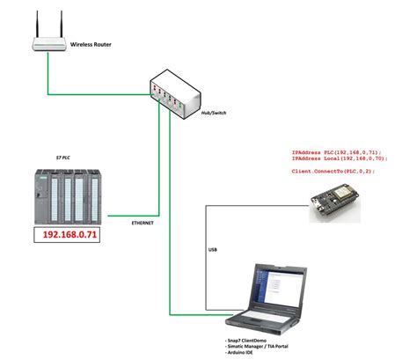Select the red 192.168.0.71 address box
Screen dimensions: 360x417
click(x=69, y=236)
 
